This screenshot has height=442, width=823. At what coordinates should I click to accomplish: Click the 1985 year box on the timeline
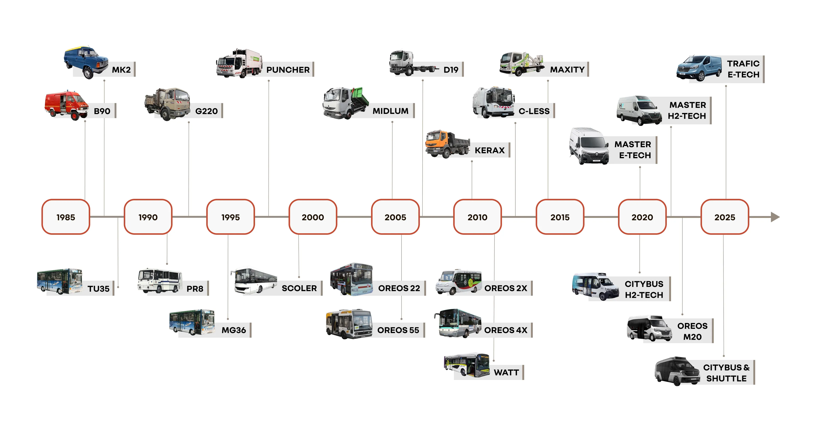(x=66, y=217)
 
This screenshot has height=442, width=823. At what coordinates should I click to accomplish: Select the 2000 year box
(x=313, y=217)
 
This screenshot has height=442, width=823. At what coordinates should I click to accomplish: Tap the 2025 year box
(x=725, y=217)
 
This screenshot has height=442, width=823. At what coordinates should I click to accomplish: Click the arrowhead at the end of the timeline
(x=775, y=217)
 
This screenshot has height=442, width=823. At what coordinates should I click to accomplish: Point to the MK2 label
(x=121, y=70)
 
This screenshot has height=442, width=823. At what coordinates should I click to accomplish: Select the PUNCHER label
(x=288, y=70)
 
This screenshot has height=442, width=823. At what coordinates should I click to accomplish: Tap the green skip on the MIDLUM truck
(x=360, y=95)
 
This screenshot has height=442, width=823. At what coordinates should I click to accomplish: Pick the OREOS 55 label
(x=398, y=330)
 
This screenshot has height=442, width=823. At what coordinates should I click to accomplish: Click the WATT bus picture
(x=467, y=365)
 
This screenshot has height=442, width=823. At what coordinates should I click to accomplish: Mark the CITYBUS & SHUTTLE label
(x=726, y=373)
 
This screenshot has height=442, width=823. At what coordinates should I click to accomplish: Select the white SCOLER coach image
(x=254, y=281)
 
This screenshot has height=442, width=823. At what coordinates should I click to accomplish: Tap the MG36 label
(x=234, y=330)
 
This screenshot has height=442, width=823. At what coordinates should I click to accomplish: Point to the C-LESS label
(x=534, y=111)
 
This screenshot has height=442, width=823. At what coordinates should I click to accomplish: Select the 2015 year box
(x=560, y=217)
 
